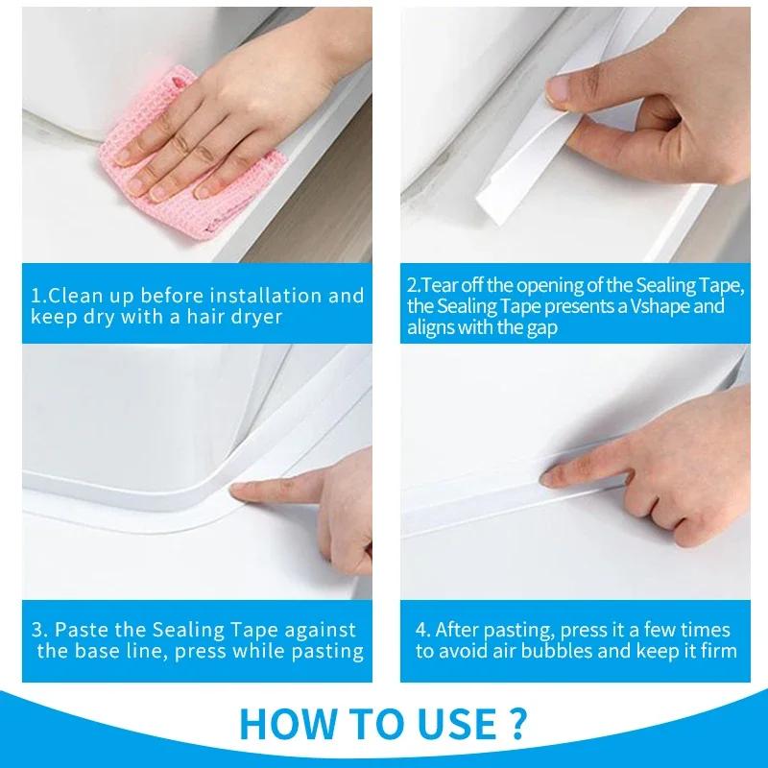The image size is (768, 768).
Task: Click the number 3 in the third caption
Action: pyautogui.click(x=36, y=631)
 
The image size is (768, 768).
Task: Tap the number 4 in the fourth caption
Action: pyautogui.click(x=420, y=631)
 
